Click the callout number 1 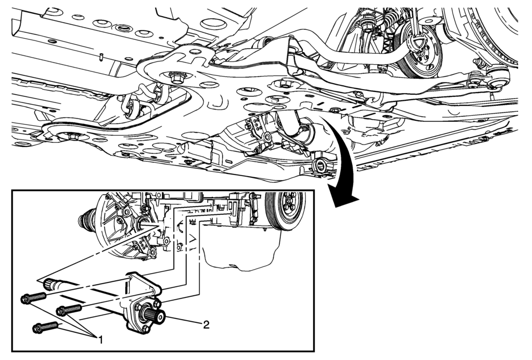(x=100, y=340)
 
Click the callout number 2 (x=206, y=325)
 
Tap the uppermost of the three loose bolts (x=33, y=299)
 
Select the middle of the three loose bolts (x=69, y=310)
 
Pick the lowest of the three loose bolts (x=45, y=327)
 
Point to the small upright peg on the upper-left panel (x=101, y=57)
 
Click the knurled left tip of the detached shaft (x=49, y=284)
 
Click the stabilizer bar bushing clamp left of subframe (x=132, y=109)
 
